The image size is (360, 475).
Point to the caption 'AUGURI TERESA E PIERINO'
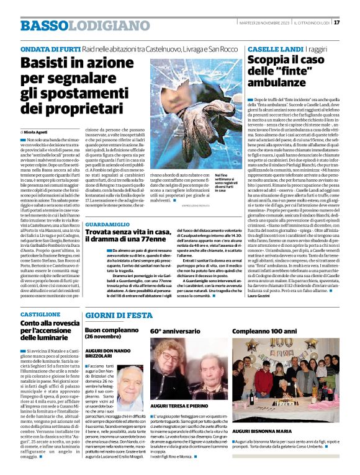(184, 405)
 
